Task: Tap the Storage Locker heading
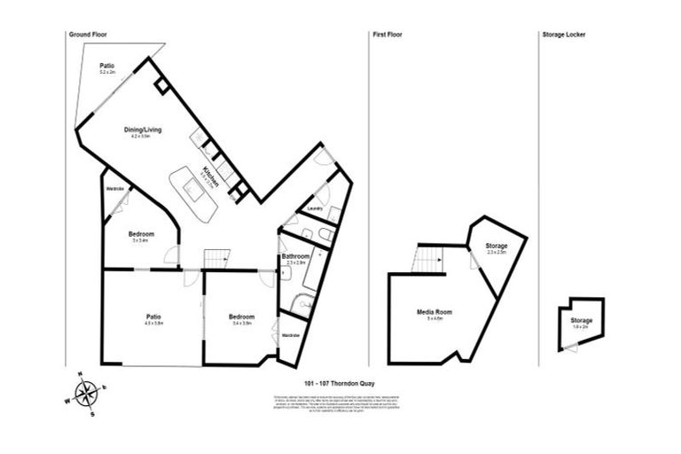(562, 35)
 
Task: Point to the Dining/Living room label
(142, 129)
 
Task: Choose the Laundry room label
(314, 209)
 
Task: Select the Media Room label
(434, 312)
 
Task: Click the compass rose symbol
(86, 392)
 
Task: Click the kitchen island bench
(191, 191)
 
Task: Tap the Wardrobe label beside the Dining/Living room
(114, 190)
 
